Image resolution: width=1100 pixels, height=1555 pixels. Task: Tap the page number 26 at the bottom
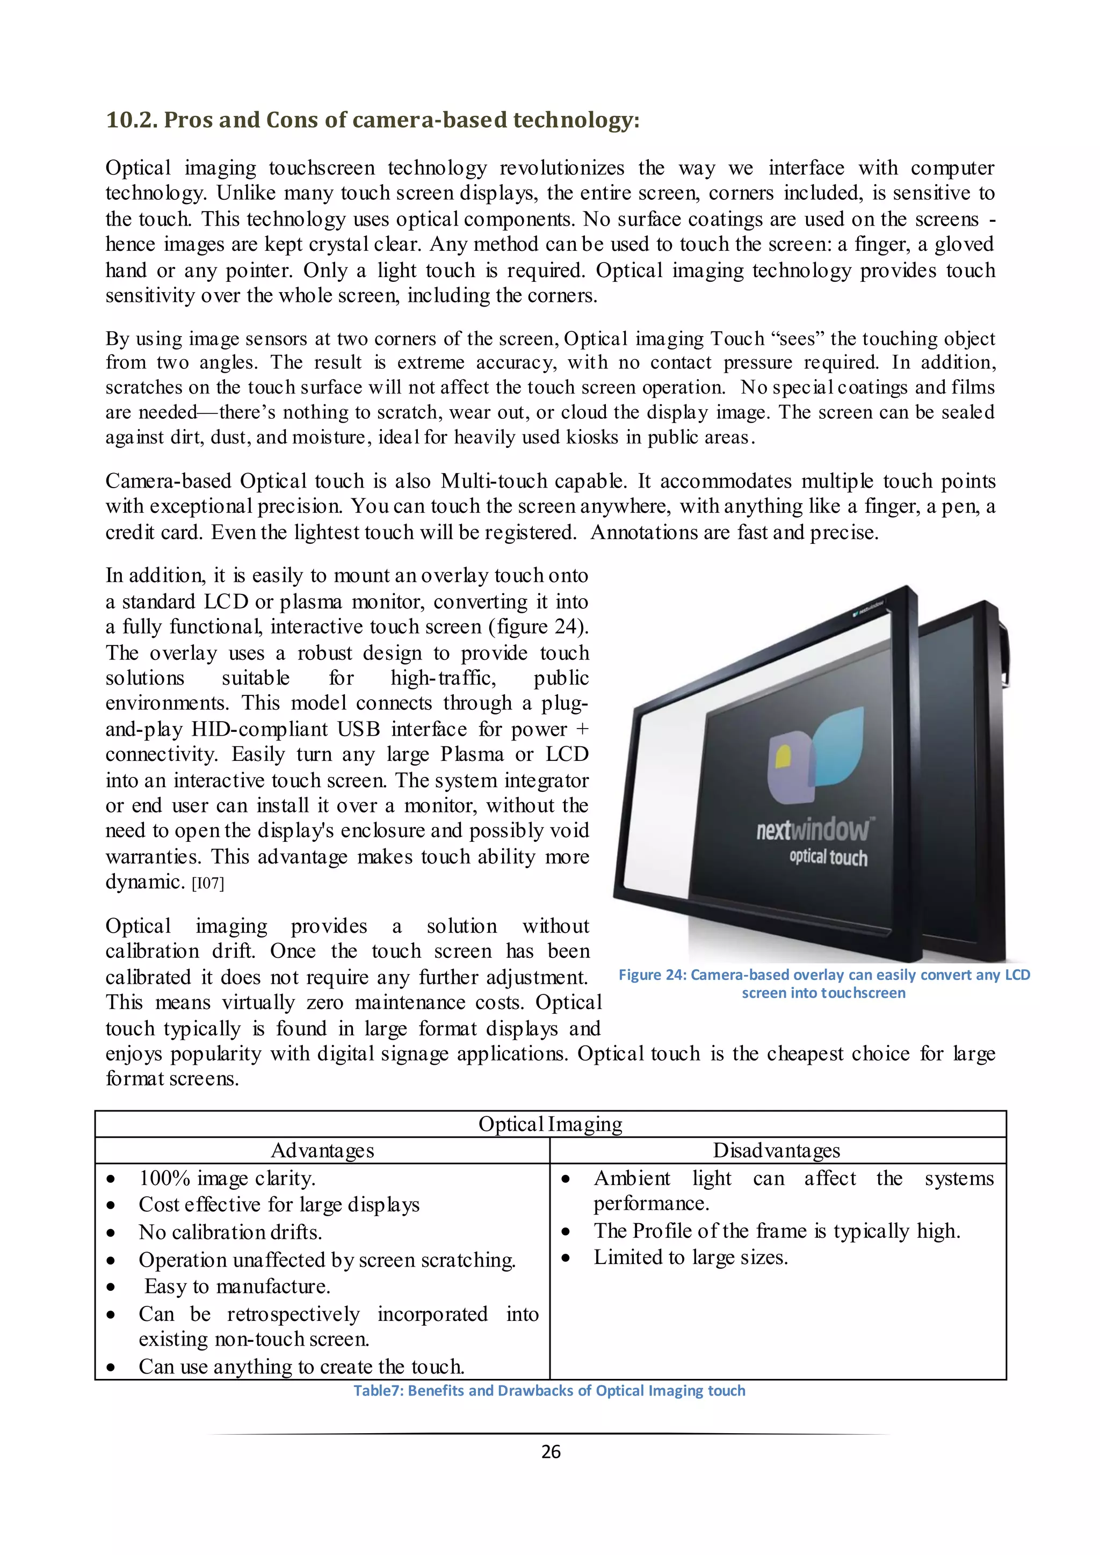point(551,1451)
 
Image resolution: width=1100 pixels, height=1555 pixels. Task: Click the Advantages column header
point(322,1151)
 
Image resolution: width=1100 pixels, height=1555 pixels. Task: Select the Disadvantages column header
point(776,1151)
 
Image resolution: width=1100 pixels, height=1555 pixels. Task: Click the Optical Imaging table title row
point(550,1124)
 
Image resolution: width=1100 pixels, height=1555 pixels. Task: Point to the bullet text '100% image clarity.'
point(227,1179)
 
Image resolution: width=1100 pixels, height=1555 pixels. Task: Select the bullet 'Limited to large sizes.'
point(691,1258)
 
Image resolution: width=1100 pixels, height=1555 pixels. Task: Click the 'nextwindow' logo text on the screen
point(813,830)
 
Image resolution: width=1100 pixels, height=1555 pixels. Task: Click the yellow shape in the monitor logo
point(784,755)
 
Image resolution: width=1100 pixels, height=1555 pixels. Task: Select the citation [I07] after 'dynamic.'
point(208,884)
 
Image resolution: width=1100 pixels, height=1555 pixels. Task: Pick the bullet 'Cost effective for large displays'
point(279,1205)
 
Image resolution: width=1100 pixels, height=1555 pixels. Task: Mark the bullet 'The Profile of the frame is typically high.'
point(777,1231)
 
